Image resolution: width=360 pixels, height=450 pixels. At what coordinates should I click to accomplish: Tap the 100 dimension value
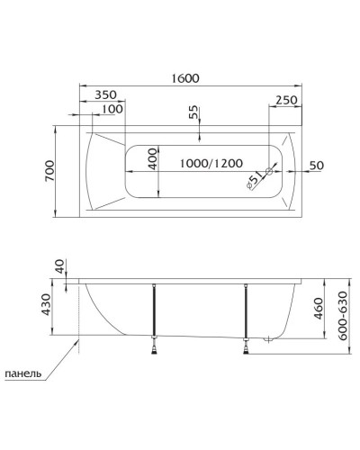[x=112, y=109]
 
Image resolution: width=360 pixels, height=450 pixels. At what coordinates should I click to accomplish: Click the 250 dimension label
[x=286, y=100]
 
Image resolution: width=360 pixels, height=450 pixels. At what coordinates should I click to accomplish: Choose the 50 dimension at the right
[x=316, y=166]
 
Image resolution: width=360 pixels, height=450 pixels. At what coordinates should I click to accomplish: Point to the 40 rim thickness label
[x=59, y=267]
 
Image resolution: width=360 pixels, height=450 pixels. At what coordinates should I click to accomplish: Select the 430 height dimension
[x=59, y=309]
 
